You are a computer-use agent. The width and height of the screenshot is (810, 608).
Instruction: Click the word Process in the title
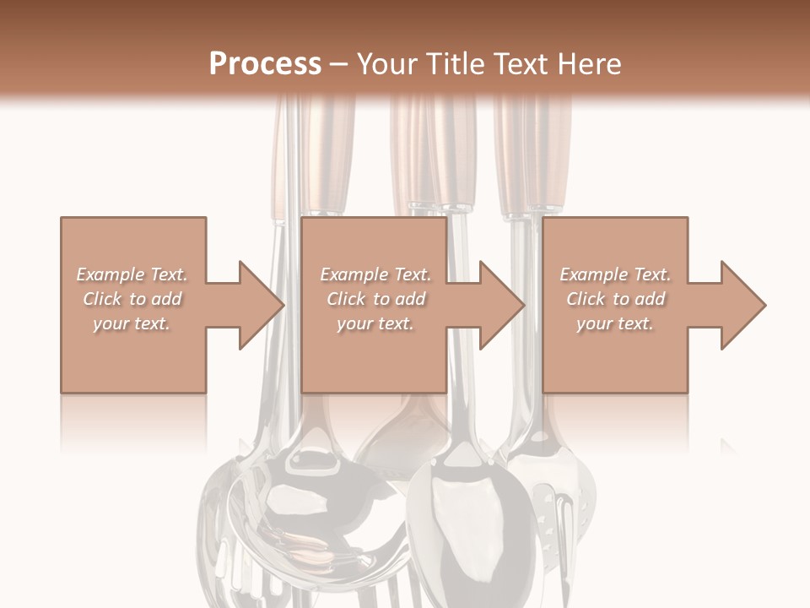click(265, 63)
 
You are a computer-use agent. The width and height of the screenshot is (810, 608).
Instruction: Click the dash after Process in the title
click(339, 65)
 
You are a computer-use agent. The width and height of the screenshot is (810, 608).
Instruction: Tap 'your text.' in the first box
click(132, 323)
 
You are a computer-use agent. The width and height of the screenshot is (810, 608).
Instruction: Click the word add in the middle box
click(409, 299)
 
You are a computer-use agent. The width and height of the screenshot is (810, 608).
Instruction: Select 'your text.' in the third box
click(615, 323)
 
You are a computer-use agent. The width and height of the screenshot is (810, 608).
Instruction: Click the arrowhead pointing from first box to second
click(261, 305)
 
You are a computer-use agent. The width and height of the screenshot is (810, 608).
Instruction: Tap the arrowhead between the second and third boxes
click(501, 305)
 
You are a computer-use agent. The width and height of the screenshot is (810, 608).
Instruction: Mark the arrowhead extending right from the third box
click(742, 305)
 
